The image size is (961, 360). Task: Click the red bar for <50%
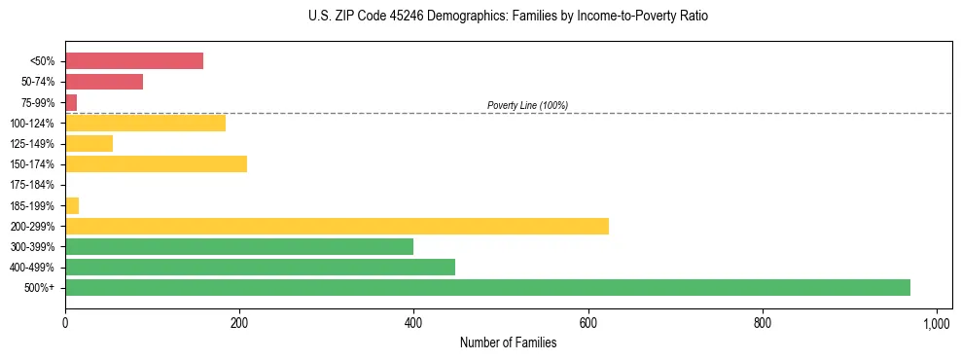click(134, 61)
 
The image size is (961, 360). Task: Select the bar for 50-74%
click(104, 82)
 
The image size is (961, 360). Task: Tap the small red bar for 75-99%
click(71, 102)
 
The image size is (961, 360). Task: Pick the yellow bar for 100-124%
click(145, 123)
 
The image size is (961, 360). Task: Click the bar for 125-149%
click(89, 143)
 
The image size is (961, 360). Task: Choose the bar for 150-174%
click(156, 163)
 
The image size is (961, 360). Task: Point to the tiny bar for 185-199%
click(72, 205)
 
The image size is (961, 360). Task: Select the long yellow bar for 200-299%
click(337, 226)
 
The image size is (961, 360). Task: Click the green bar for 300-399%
click(239, 246)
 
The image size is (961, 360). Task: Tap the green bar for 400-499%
click(260, 267)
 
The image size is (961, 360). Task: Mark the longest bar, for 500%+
click(487, 287)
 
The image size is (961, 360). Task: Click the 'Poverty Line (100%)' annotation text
click(527, 105)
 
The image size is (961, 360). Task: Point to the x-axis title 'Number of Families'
click(508, 342)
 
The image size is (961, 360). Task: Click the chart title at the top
click(508, 17)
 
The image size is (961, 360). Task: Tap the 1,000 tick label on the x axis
click(937, 321)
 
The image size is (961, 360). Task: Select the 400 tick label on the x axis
click(413, 321)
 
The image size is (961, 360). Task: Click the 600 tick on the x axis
click(587, 321)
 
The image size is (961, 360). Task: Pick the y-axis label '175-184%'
click(33, 185)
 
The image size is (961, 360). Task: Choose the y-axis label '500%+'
click(40, 288)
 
